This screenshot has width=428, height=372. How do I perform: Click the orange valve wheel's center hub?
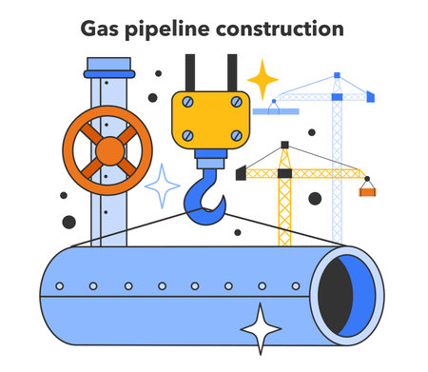pos(107,149)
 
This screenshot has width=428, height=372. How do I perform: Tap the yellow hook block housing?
pos(209,120)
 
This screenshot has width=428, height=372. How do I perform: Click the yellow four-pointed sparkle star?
pos(263,78)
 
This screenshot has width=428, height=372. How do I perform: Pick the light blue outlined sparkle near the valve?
pos(162,185)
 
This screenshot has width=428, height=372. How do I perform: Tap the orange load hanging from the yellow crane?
pos(366,190)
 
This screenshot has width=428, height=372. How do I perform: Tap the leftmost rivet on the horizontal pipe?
pos(60,285)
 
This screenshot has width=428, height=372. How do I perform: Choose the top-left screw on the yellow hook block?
pos(187,103)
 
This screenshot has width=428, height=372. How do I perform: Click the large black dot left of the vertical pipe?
pos(68,223)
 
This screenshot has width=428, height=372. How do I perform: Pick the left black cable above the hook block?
pos(191,72)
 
